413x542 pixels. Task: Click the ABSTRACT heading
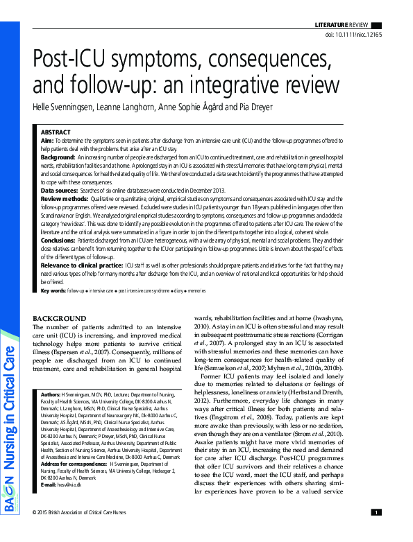pyautogui.click(x=56, y=132)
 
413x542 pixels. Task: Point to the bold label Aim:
pyautogui.click(x=47, y=140)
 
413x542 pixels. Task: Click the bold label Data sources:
pyautogui.click(x=59, y=190)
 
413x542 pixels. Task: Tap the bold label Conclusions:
pyautogui.click(x=58, y=240)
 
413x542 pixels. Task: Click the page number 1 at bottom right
pyautogui.click(x=376, y=532)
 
